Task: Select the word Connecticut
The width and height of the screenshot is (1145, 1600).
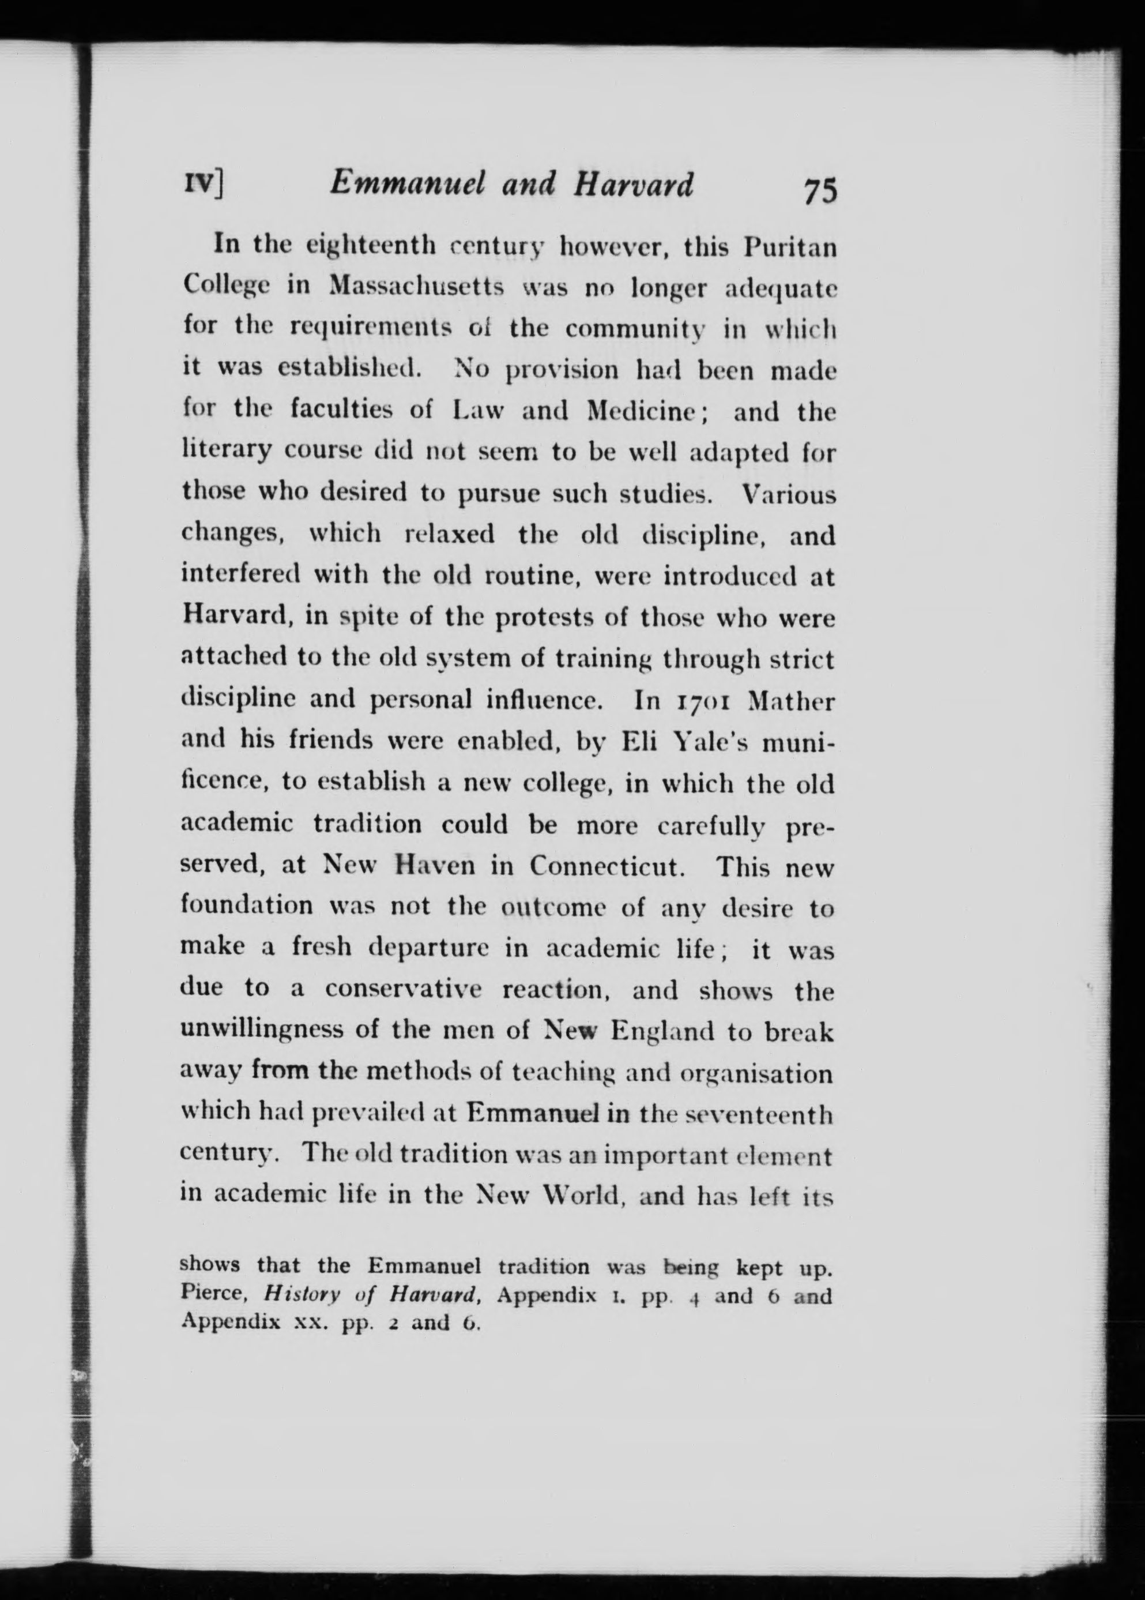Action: pyautogui.click(x=607, y=866)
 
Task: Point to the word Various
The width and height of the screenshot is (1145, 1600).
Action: pyautogui.click(x=790, y=494)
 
